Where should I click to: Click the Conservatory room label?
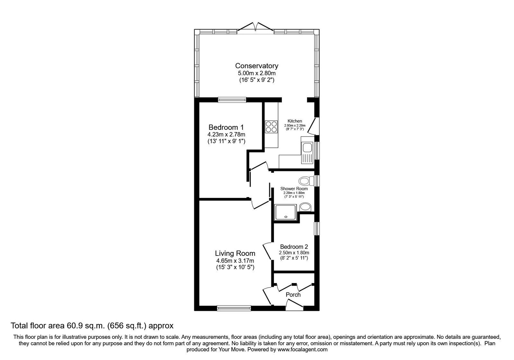(x=256, y=66)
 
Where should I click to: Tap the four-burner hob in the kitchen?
(x=271, y=126)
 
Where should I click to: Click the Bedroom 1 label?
(x=224, y=127)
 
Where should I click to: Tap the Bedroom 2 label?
(x=294, y=247)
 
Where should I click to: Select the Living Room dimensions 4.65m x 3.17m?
(x=235, y=261)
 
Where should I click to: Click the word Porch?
(x=293, y=294)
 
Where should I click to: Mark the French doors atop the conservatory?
(x=256, y=27)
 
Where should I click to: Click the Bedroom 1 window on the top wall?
(x=232, y=100)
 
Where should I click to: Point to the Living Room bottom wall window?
(x=234, y=308)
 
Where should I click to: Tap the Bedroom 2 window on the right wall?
(x=317, y=229)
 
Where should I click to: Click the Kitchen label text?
(x=295, y=121)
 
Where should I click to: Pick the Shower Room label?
(x=294, y=189)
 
